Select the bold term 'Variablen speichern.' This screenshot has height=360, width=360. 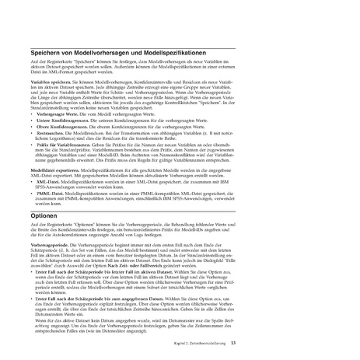(x=47, y=80)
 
